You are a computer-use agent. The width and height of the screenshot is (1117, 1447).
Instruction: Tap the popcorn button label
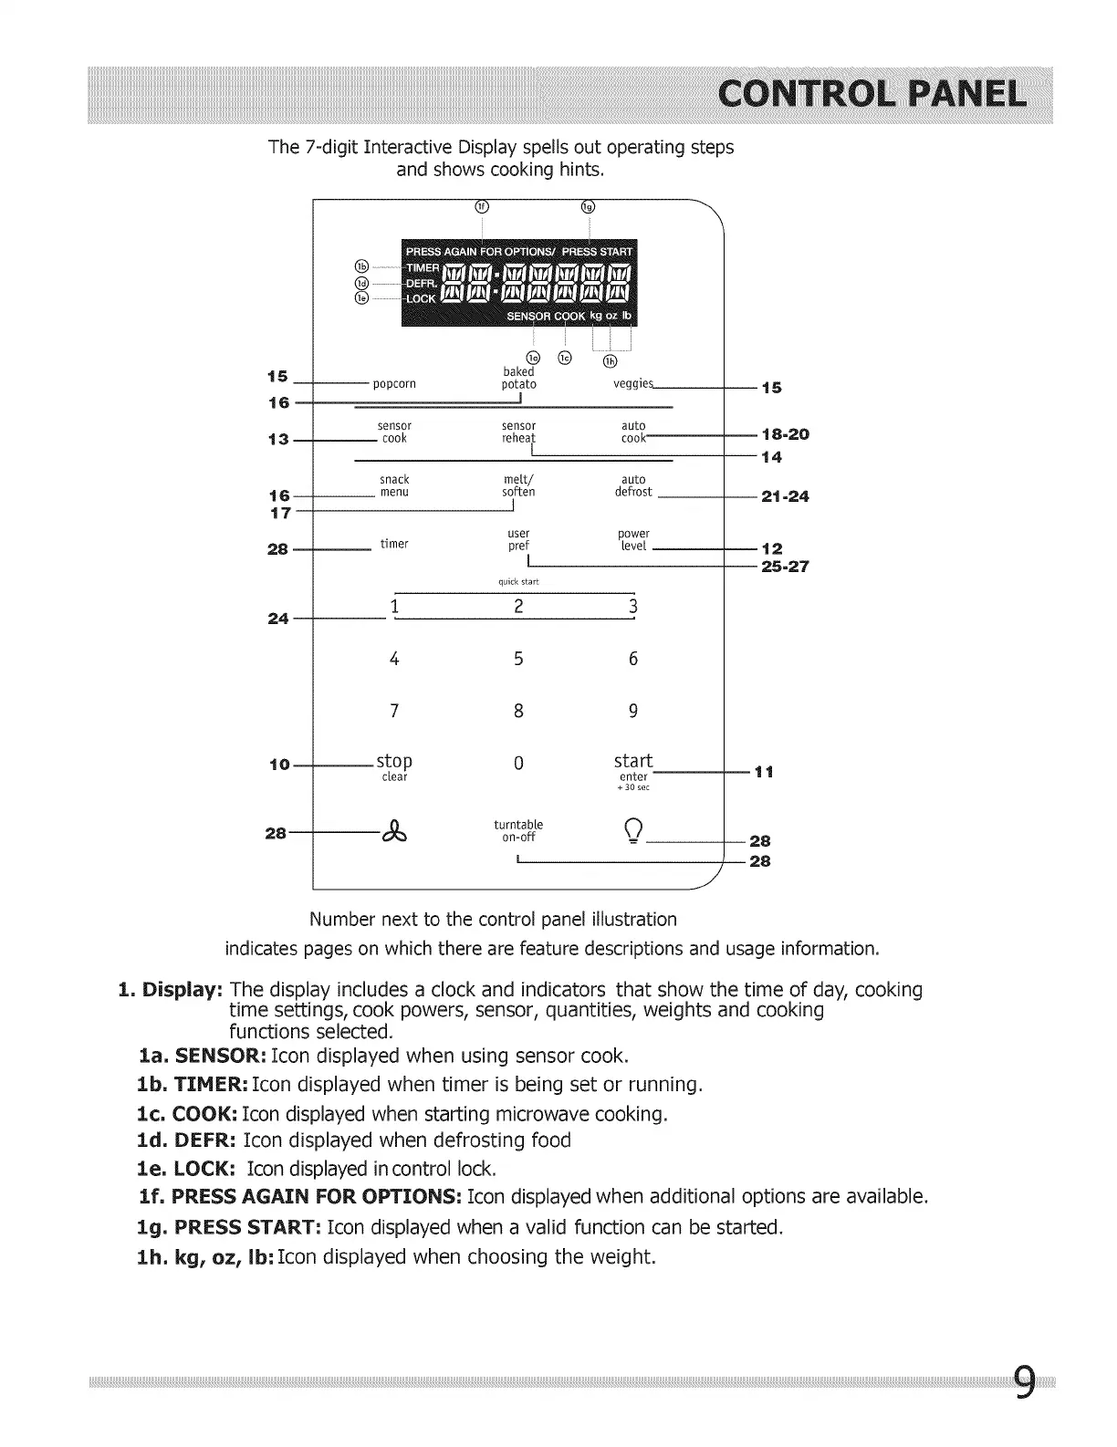tap(394, 384)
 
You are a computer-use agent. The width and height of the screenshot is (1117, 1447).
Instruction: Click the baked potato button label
tap(518, 379)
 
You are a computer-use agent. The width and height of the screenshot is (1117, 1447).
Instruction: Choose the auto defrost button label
tap(633, 485)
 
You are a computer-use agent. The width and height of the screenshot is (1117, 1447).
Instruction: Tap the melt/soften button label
tap(518, 485)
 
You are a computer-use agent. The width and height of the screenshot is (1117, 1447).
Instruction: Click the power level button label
tap(633, 539)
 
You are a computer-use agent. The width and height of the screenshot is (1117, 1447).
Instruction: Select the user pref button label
tap(518, 539)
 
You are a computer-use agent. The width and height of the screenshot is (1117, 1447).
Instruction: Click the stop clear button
tap(394, 766)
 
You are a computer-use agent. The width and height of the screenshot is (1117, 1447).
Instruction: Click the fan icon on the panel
tap(394, 832)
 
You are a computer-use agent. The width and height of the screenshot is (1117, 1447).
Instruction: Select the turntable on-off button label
tap(518, 830)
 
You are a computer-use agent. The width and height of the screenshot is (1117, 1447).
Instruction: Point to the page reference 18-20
tap(785, 434)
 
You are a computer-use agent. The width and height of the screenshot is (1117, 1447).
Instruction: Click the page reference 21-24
tap(785, 497)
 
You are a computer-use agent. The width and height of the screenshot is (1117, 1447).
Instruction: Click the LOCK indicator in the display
tap(421, 299)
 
